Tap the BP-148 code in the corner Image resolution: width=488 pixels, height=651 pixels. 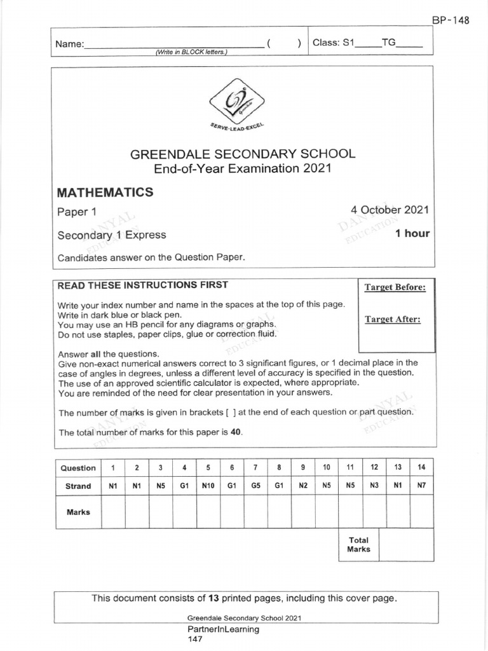(451, 20)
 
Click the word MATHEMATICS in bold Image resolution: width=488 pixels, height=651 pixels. (105, 192)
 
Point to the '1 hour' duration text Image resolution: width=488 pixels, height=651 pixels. (412, 233)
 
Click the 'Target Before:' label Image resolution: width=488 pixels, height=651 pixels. (395, 287)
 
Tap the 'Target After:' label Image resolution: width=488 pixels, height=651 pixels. (392, 319)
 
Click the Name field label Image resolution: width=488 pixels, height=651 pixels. (69, 45)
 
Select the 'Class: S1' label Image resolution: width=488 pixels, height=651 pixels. (332, 43)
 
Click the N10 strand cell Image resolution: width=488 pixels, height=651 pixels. (208, 486)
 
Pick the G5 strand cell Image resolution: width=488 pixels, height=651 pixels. (255, 486)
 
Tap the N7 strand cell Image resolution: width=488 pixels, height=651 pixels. (421, 486)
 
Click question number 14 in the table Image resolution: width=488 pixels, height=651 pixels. (421, 467)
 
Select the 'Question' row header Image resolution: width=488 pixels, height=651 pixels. (78, 468)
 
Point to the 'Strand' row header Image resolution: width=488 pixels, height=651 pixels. (78, 486)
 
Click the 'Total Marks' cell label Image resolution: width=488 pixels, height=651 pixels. (358, 545)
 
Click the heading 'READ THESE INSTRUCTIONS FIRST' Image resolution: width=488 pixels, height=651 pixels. (143, 285)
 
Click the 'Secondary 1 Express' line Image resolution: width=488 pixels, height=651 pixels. (112, 235)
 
